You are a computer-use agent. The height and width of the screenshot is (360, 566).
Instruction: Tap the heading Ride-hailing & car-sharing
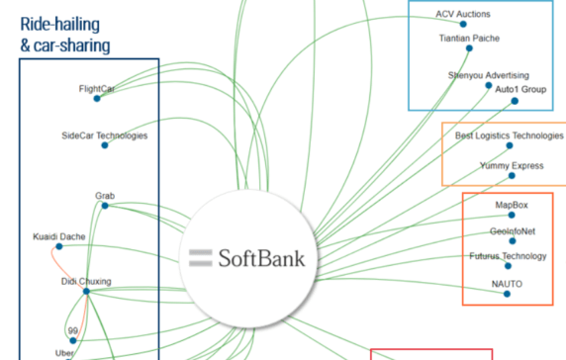point(65,36)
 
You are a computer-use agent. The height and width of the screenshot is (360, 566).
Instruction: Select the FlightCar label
point(97,89)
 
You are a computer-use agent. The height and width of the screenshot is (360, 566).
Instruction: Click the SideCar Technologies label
point(104,135)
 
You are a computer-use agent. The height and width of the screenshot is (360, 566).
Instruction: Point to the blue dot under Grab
point(104,206)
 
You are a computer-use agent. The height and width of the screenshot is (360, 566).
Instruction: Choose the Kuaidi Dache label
point(58,237)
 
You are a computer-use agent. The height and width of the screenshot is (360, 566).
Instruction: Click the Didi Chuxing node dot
point(86,291)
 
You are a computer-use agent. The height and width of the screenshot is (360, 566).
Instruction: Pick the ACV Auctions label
point(463,15)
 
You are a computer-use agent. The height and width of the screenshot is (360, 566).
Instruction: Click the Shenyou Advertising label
point(489,75)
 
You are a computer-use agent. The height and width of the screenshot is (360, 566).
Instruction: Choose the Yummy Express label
point(512,165)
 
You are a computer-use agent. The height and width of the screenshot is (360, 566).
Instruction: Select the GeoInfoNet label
point(513,230)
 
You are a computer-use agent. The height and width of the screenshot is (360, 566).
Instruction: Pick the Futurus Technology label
point(508,256)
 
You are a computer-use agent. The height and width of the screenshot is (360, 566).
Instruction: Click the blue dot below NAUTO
point(507,294)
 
